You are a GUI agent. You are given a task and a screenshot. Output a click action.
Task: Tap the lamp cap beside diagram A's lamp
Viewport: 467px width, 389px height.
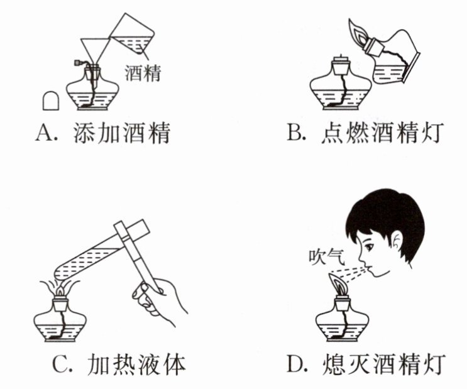point(51,101)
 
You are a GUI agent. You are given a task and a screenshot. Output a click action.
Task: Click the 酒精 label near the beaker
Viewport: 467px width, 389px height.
point(143,74)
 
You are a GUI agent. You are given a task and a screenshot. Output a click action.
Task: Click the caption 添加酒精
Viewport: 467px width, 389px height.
point(122,133)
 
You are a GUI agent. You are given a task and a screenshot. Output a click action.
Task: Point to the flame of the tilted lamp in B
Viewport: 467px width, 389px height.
point(358,32)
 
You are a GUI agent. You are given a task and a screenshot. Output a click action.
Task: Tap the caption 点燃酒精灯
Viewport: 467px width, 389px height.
point(383,133)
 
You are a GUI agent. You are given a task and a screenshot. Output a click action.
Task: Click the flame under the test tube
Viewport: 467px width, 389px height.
point(61,289)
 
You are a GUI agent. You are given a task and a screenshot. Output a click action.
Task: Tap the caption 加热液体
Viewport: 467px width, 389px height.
point(136,364)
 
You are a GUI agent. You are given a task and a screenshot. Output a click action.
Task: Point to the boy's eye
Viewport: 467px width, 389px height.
point(370,246)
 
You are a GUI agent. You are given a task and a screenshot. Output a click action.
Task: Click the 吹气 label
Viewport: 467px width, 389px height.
point(327,258)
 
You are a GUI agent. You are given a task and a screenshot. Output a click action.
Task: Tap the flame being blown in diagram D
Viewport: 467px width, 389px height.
point(338,285)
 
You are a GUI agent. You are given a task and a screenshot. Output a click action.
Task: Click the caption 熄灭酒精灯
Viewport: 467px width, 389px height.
point(384,364)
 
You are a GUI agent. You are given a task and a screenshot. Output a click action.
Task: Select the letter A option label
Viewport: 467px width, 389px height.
point(44,133)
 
